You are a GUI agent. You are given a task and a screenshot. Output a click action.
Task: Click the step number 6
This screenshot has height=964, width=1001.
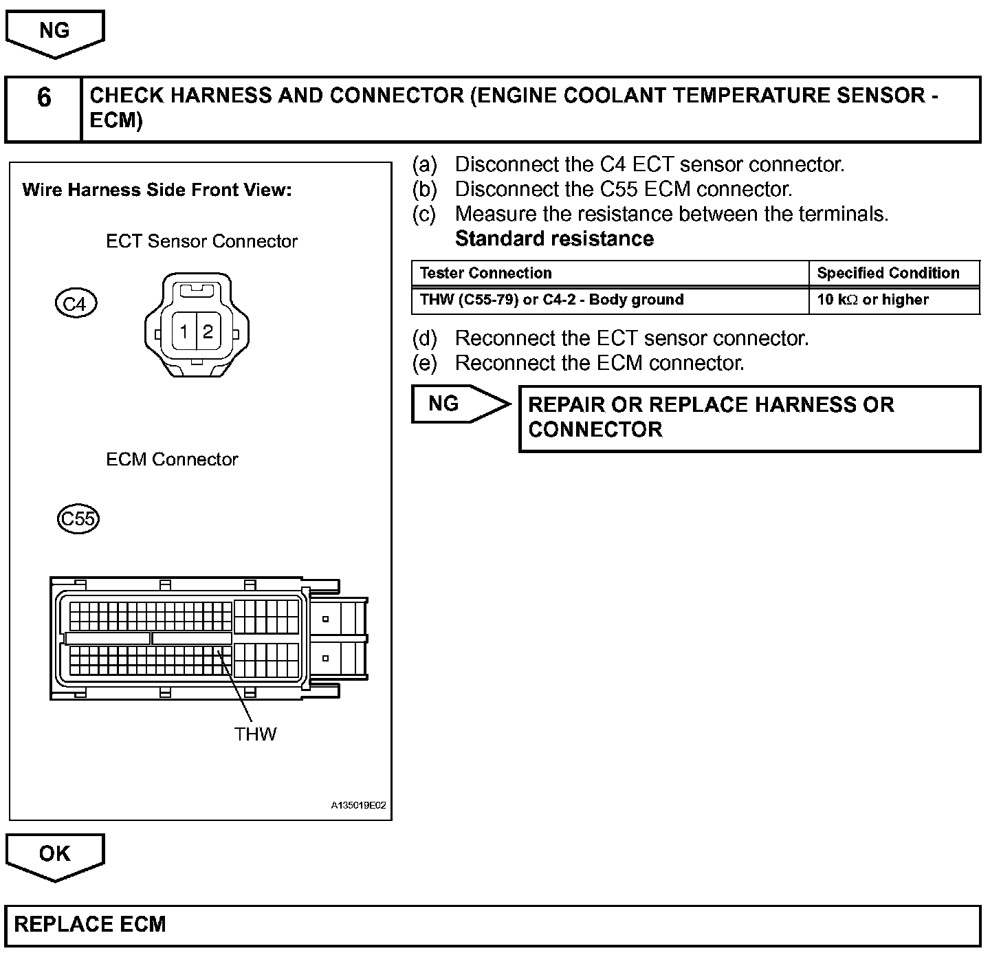(43, 98)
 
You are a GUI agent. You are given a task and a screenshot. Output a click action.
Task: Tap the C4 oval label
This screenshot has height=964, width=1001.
(75, 304)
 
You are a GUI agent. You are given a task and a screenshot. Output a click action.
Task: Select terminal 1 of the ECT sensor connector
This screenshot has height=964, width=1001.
(184, 332)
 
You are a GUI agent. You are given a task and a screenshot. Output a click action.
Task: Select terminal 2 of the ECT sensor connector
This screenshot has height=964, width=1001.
(208, 332)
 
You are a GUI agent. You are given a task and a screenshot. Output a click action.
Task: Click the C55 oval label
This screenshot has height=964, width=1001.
(78, 518)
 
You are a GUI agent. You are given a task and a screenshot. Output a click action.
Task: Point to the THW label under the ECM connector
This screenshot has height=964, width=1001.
(255, 734)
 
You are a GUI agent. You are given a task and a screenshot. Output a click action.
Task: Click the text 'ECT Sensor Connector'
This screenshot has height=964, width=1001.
(201, 241)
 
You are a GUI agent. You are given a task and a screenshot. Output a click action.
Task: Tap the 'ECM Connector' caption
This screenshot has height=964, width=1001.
(172, 459)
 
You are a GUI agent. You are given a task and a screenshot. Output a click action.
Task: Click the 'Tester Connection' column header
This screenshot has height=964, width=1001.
(485, 273)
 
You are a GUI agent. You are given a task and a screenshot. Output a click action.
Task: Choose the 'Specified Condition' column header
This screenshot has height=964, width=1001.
(888, 273)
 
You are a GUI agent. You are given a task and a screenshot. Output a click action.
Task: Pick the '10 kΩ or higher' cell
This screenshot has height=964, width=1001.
(872, 300)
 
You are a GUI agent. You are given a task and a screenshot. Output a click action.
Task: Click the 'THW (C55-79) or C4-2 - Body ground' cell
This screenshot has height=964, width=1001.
(551, 300)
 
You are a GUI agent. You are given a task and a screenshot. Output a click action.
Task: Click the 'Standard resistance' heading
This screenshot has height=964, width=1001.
(554, 239)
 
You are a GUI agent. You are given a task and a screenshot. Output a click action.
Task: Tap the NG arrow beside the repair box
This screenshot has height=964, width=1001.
(454, 404)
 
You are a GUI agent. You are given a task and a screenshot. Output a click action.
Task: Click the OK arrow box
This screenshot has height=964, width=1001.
(54, 855)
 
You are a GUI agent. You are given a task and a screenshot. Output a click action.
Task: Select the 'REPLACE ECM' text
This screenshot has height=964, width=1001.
(90, 924)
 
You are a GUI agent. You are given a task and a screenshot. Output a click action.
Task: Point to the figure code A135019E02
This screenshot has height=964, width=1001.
(358, 805)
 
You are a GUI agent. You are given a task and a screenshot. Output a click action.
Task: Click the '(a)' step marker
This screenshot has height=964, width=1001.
(424, 165)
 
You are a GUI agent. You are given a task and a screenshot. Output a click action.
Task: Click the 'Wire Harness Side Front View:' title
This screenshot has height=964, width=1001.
(157, 190)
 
